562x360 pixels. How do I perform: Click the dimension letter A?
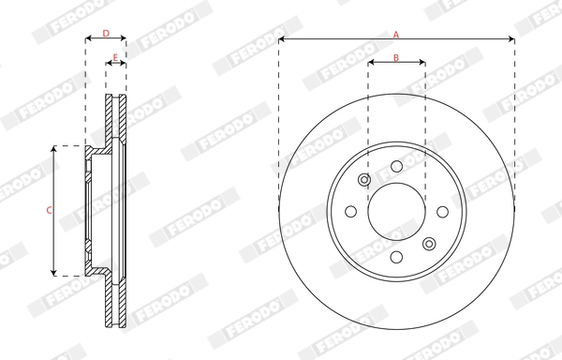pos(396,34)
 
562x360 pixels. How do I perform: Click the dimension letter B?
pos(396,58)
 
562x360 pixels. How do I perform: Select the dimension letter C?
pos(49,210)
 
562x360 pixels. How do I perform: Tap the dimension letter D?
pos(106,34)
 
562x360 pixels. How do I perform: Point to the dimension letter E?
pos(115,58)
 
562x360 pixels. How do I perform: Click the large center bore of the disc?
pos(396,211)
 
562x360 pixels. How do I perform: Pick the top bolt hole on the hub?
pos(396,166)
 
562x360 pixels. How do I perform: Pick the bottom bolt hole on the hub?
pos(396,256)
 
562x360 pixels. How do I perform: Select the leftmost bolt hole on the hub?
pos(351,211)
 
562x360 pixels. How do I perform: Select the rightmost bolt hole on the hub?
pos(441,211)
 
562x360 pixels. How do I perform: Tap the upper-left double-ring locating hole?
pos(364,180)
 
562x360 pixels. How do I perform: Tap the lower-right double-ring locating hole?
pos(428,243)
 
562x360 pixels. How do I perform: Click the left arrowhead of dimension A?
pos(282,40)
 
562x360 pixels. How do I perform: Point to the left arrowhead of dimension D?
pos(88,40)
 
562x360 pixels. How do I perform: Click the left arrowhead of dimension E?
pos(107,65)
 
